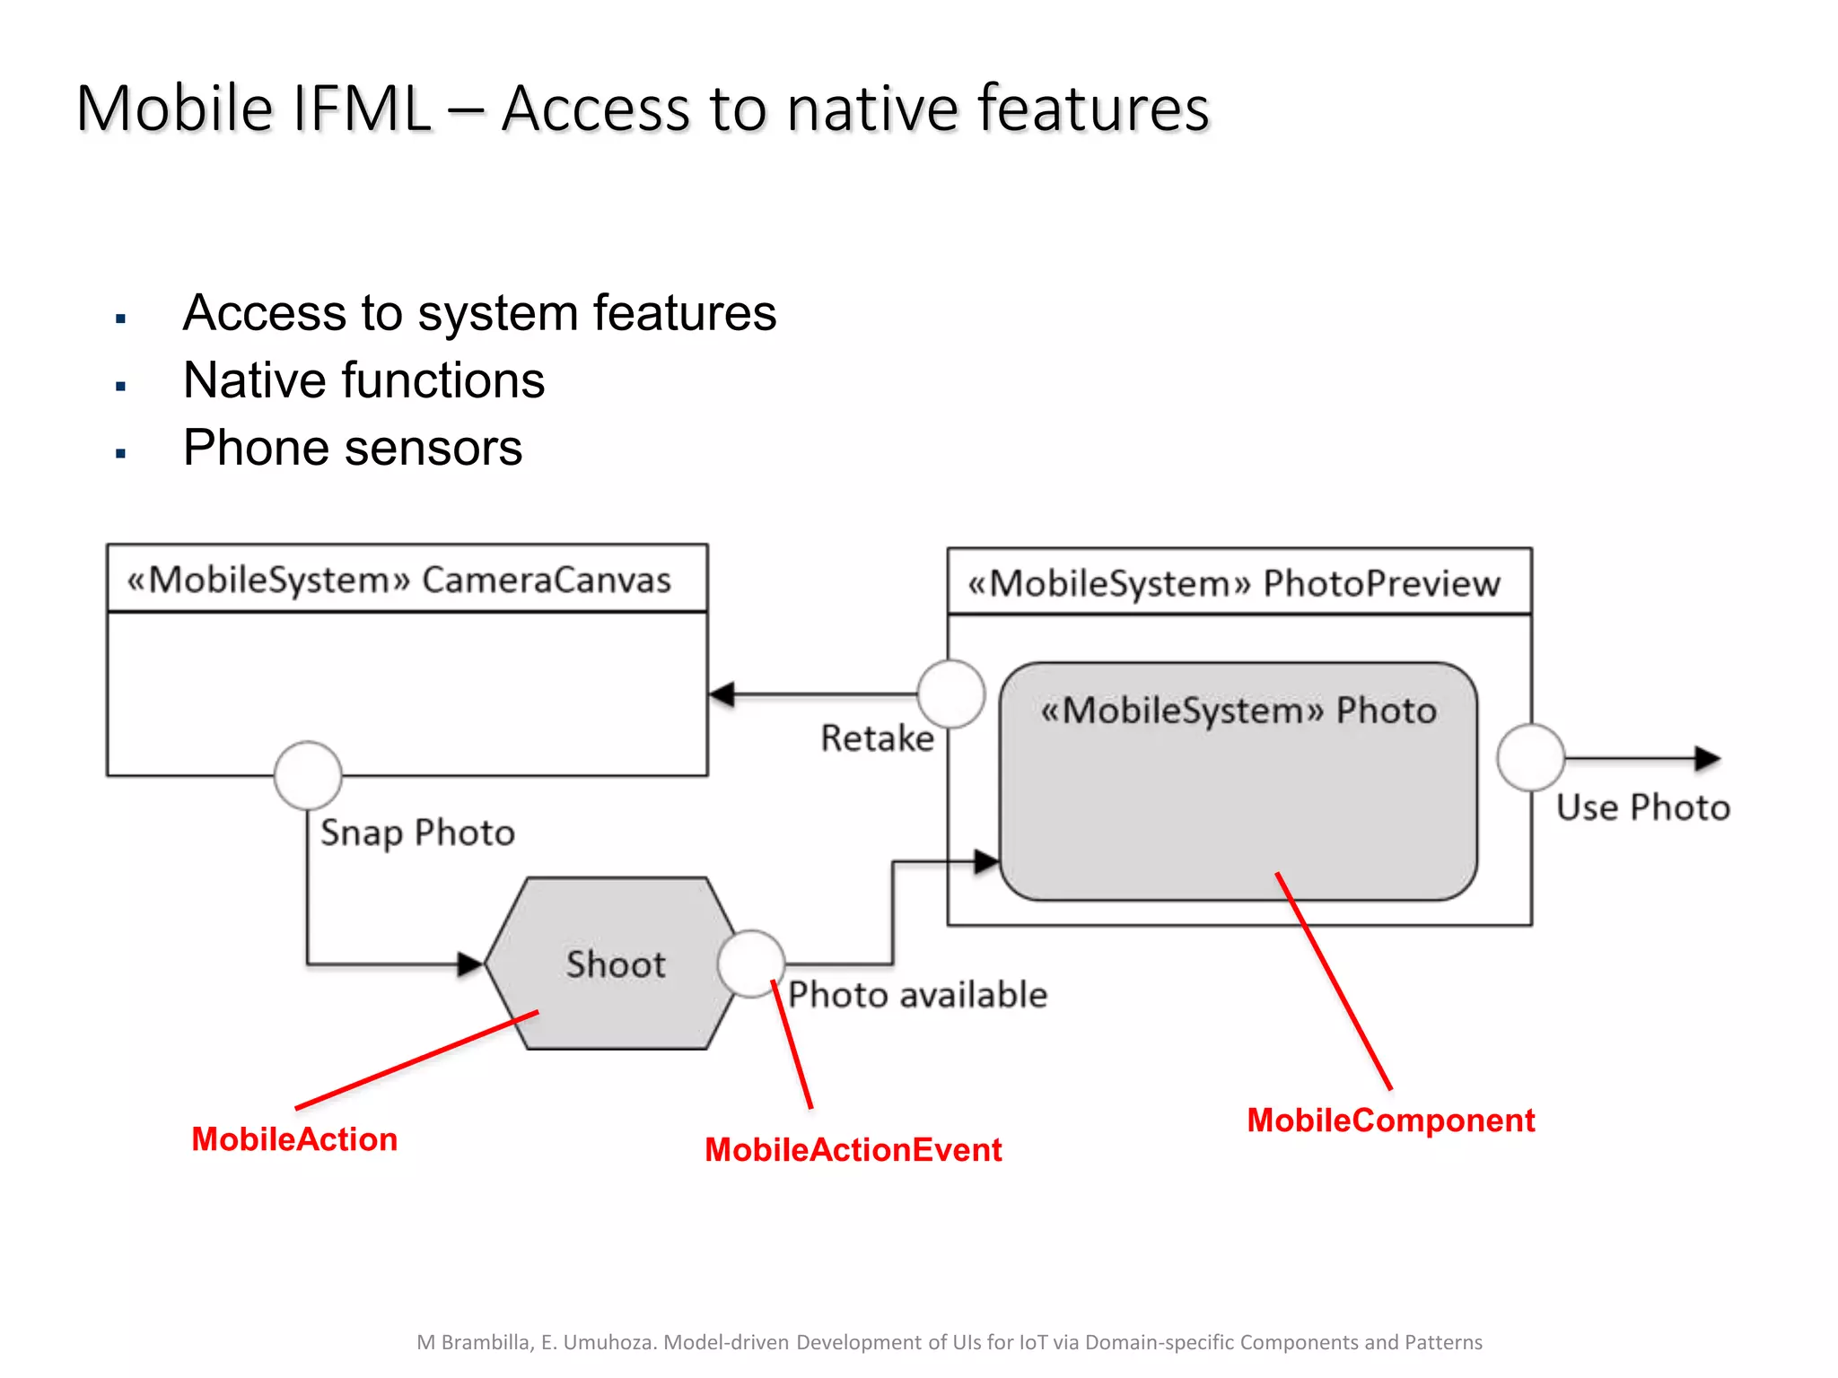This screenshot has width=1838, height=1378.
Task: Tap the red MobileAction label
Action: click(294, 1139)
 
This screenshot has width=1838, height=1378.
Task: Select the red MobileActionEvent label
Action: click(853, 1150)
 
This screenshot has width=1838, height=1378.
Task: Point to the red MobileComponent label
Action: click(1390, 1121)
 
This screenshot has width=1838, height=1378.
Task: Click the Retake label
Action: click(877, 738)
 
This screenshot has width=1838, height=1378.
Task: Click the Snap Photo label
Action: click(417, 833)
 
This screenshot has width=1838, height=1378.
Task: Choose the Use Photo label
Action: click(1642, 807)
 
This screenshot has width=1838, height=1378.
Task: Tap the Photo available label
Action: click(917, 995)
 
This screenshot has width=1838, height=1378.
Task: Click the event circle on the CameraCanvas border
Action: click(308, 776)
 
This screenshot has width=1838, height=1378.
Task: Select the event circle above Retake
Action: click(950, 694)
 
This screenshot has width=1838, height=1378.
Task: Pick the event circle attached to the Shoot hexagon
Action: click(751, 964)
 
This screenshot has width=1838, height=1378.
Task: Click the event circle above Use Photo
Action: click(1530, 758)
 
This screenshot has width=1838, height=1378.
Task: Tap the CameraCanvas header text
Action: click(398, 580)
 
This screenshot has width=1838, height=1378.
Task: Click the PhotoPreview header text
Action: click(1233, 583)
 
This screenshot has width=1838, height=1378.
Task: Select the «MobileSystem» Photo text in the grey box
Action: click(1238, 711)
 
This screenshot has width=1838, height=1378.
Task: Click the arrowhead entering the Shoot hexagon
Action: click(470, 964)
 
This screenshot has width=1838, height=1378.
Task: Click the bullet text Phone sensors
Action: click(352, 448)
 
